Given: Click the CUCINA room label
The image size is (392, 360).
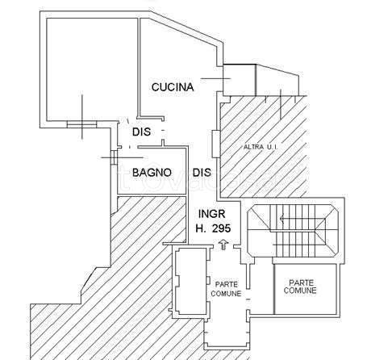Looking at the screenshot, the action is pos(173,87).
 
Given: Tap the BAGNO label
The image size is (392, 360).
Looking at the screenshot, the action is pos(152,173).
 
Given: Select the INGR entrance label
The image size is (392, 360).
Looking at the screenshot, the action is pos(211,214).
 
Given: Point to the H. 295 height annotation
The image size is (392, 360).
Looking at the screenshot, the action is pos(213,228).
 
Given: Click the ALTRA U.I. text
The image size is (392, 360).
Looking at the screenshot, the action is pos(261,147).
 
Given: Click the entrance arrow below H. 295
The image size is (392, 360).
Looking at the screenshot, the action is pos(223,245).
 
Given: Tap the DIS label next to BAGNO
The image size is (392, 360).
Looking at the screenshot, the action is pos(202,173).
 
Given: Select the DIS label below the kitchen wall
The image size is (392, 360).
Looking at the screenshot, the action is pos(141,132).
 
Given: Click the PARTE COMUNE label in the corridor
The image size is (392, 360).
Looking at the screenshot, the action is pos(226,289).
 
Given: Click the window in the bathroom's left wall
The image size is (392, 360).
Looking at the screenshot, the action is pos(115,157).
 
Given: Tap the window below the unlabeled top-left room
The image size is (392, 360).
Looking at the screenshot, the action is pos(81,124).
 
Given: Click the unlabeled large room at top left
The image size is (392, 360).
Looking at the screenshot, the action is pos(92,69).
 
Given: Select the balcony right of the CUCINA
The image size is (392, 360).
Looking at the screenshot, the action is pos(261,80).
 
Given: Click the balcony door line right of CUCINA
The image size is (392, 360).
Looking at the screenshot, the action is pos(215,79).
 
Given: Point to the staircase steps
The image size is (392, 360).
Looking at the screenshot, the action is pos(294,231).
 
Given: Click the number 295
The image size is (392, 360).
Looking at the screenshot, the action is pos(221,228).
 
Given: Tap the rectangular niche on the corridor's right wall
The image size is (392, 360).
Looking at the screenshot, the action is pos(215,144).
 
